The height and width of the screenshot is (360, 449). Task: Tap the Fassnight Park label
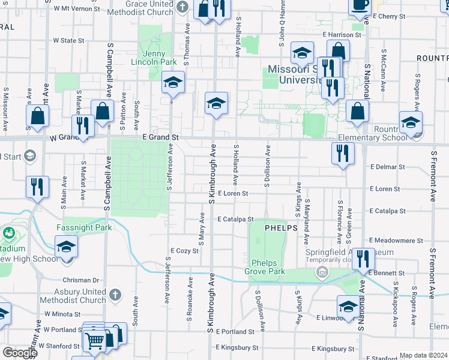point(84,228)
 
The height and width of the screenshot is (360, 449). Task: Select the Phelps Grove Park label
point(268,267)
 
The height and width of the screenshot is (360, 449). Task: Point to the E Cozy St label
point(184,251)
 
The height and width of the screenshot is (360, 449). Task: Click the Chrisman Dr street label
point(80,280)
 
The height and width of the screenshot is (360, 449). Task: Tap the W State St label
point(68,41)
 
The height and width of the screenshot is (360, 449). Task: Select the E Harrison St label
point(342,35)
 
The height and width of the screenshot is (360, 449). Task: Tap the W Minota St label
point(59,314)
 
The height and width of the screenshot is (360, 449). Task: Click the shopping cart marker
point(95,340)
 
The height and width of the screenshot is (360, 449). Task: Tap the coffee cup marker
point(360,5)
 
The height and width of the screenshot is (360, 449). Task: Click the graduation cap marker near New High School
point(66,247)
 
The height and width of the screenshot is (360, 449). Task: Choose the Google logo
point(19,353)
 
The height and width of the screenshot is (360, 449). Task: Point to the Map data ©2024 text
point(424,356)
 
